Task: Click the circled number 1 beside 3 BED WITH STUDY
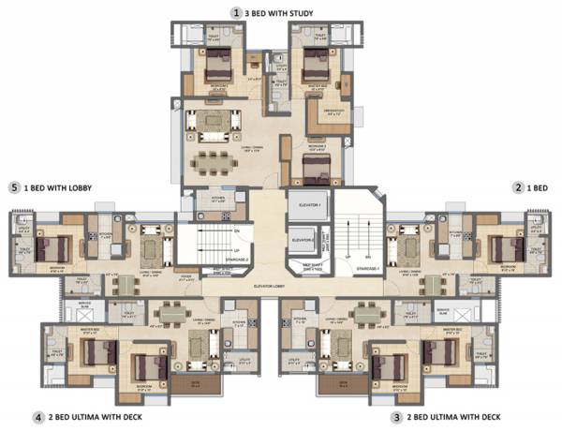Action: coord(238,12)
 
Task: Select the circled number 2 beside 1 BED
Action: coord(518,187)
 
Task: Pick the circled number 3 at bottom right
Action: coord(397,416)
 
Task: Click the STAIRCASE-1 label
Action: coord(357,268)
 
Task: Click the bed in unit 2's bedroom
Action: coord(507,248)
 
